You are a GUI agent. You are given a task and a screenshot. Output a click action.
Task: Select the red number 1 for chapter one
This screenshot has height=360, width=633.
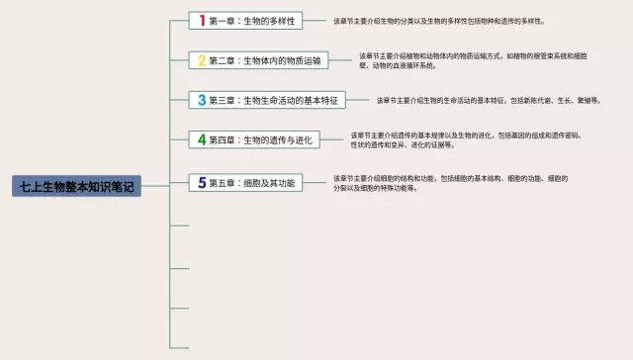pos(202,20)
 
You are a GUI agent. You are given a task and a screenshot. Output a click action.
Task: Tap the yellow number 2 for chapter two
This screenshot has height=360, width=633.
pos(202,60)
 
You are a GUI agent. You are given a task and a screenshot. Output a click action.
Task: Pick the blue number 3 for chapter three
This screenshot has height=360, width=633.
pos(202,100)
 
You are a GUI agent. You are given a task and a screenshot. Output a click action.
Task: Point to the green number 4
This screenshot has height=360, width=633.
pos(202,140)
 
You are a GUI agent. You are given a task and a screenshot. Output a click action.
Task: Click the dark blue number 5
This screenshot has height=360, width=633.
pos(202,182)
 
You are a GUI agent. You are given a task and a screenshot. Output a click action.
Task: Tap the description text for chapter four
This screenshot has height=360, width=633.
pos(465,140)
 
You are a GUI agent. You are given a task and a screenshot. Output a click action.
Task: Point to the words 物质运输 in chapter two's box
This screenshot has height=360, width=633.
pos(303,60)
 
